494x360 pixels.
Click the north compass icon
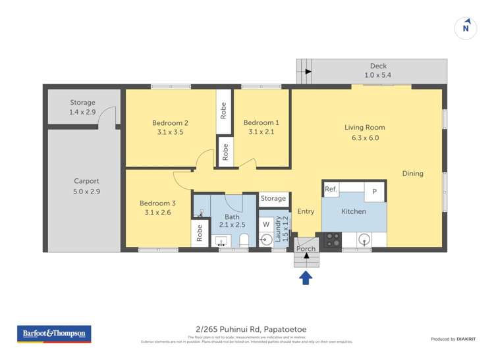466,28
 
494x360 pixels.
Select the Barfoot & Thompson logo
53,334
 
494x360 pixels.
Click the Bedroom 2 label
171,128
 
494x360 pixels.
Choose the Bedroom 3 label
157,207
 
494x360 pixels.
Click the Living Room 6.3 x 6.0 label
364,133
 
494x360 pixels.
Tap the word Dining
413,174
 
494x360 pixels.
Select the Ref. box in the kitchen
331,190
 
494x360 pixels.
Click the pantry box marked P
374,191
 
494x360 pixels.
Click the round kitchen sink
364,240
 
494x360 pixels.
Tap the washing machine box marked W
266,224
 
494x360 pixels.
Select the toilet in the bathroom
242,240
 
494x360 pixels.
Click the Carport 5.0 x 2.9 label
86,186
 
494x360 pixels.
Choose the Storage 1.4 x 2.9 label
83,108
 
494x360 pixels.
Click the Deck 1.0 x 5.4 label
378,70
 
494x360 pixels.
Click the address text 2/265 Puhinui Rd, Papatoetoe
246,330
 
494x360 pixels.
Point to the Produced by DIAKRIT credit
453,339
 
